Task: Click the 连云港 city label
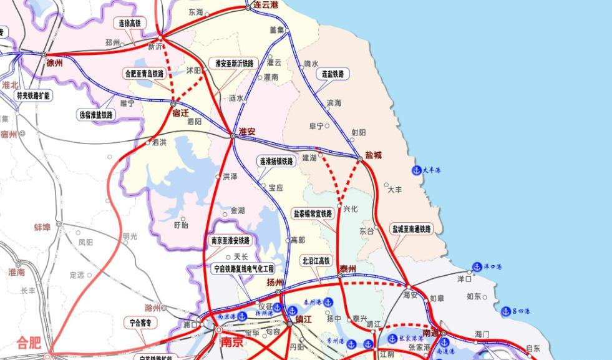pyautogui.click(x=266, y=4)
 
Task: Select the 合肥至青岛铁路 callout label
pyautogui.click(x=144, y=74)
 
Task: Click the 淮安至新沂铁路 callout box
pyautogui.click(x=235, y=63)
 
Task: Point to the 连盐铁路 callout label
pyautogui.click(x=333, y=74)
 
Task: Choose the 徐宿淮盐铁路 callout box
pyautogui.click(x=97, y=115)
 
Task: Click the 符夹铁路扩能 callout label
pyautogui.click(x=33, y=95)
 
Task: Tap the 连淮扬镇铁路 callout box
pyautogui.click(x=276, y=161)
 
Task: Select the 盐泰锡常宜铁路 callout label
pyautogui.click(x=313, y=213)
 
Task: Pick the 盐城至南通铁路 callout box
pyautogui.click(x=412, y=229)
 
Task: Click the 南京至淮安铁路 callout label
pyautogui.click(x=230, y=241)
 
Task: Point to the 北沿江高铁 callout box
pyautogui.click(x=316, y=260)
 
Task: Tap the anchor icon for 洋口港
pyautogui.click(x=477, y=267)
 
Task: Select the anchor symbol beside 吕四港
pyautogui.click(x=506, y=311)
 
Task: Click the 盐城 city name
pyautogui.click(x=372, y=155)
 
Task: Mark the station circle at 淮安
pyautogui.click(x=233, y=135)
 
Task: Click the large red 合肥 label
pyautogui.click(x=29, y=342)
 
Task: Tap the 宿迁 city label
pyautogui.click(x=180, y=113)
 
